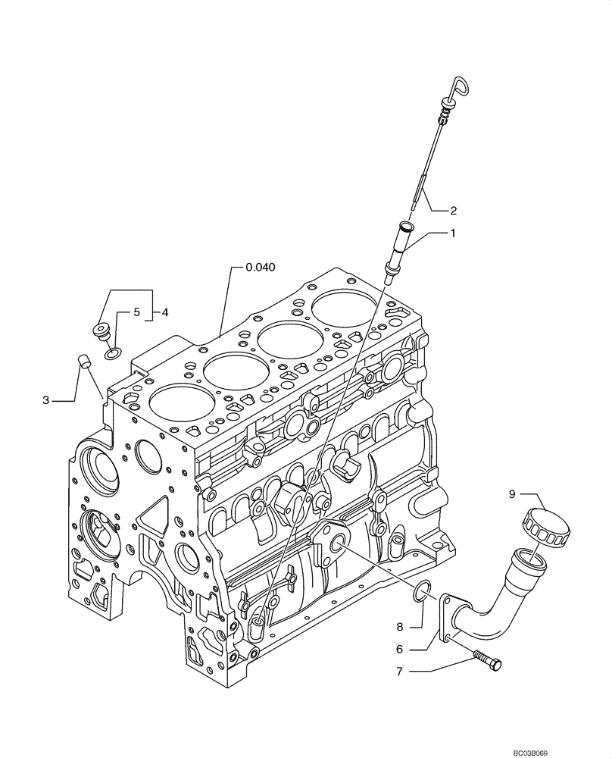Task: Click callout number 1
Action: click(x=454, y=234)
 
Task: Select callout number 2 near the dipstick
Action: click(x=454, y=210)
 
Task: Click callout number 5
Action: click(x=137, y=312)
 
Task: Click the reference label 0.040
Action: click(x=260, y=267)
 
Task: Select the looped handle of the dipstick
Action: click(x=461, y=87)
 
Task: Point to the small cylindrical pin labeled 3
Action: click(x=85, y=361)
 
